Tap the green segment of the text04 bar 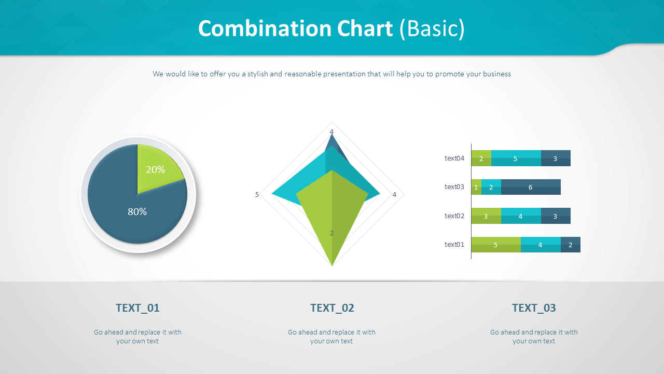(x=481, y=158)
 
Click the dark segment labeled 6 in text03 (x=531, y=187)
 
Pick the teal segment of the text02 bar (x=521, y=216)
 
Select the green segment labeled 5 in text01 (x=495, y=245)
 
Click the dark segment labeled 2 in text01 (x=571, y=245)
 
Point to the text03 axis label (x=454, y=187)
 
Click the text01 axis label (x=454, y=245)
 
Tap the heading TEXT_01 (x=137, y=308)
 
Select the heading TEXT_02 (x=332, y=308)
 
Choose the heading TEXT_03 (x=534, y=308)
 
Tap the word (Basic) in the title (x=432, y=29)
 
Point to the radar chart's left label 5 (x=257, y=195)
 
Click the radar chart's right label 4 (x=394, y=195)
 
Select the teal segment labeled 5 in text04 (x=516, y=158)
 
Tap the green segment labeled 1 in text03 (x=476, y=187)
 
